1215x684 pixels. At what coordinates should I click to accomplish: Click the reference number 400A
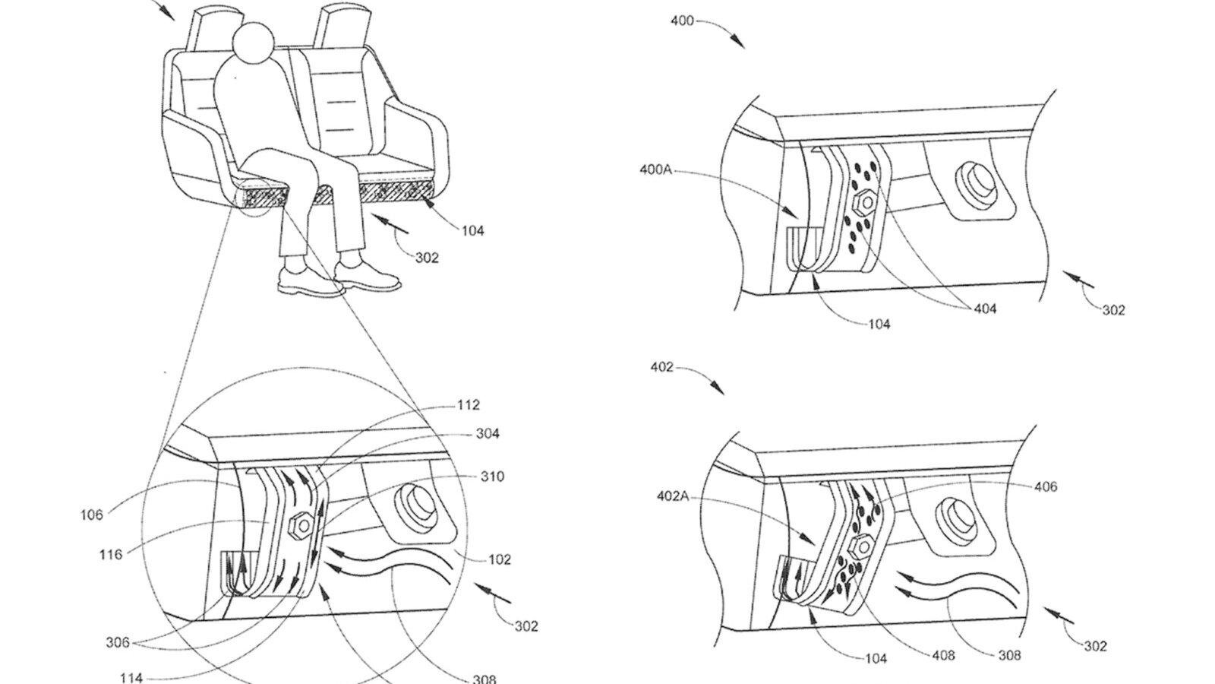pos(656,170)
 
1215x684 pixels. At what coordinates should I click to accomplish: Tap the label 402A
pos(673,496)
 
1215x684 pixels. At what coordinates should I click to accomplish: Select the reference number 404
pos(985,309)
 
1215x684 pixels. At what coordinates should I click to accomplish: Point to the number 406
pos(1045,486)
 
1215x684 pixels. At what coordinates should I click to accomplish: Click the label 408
pos(943,656)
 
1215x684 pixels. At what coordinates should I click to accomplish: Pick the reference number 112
pos(468,405)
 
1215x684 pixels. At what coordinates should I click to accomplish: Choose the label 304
pos(488,434)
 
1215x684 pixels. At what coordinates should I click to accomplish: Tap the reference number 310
pos(492,477)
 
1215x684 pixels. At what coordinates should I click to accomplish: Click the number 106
pos(92,515)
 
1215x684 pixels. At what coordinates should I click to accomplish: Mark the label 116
pos(111,555)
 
